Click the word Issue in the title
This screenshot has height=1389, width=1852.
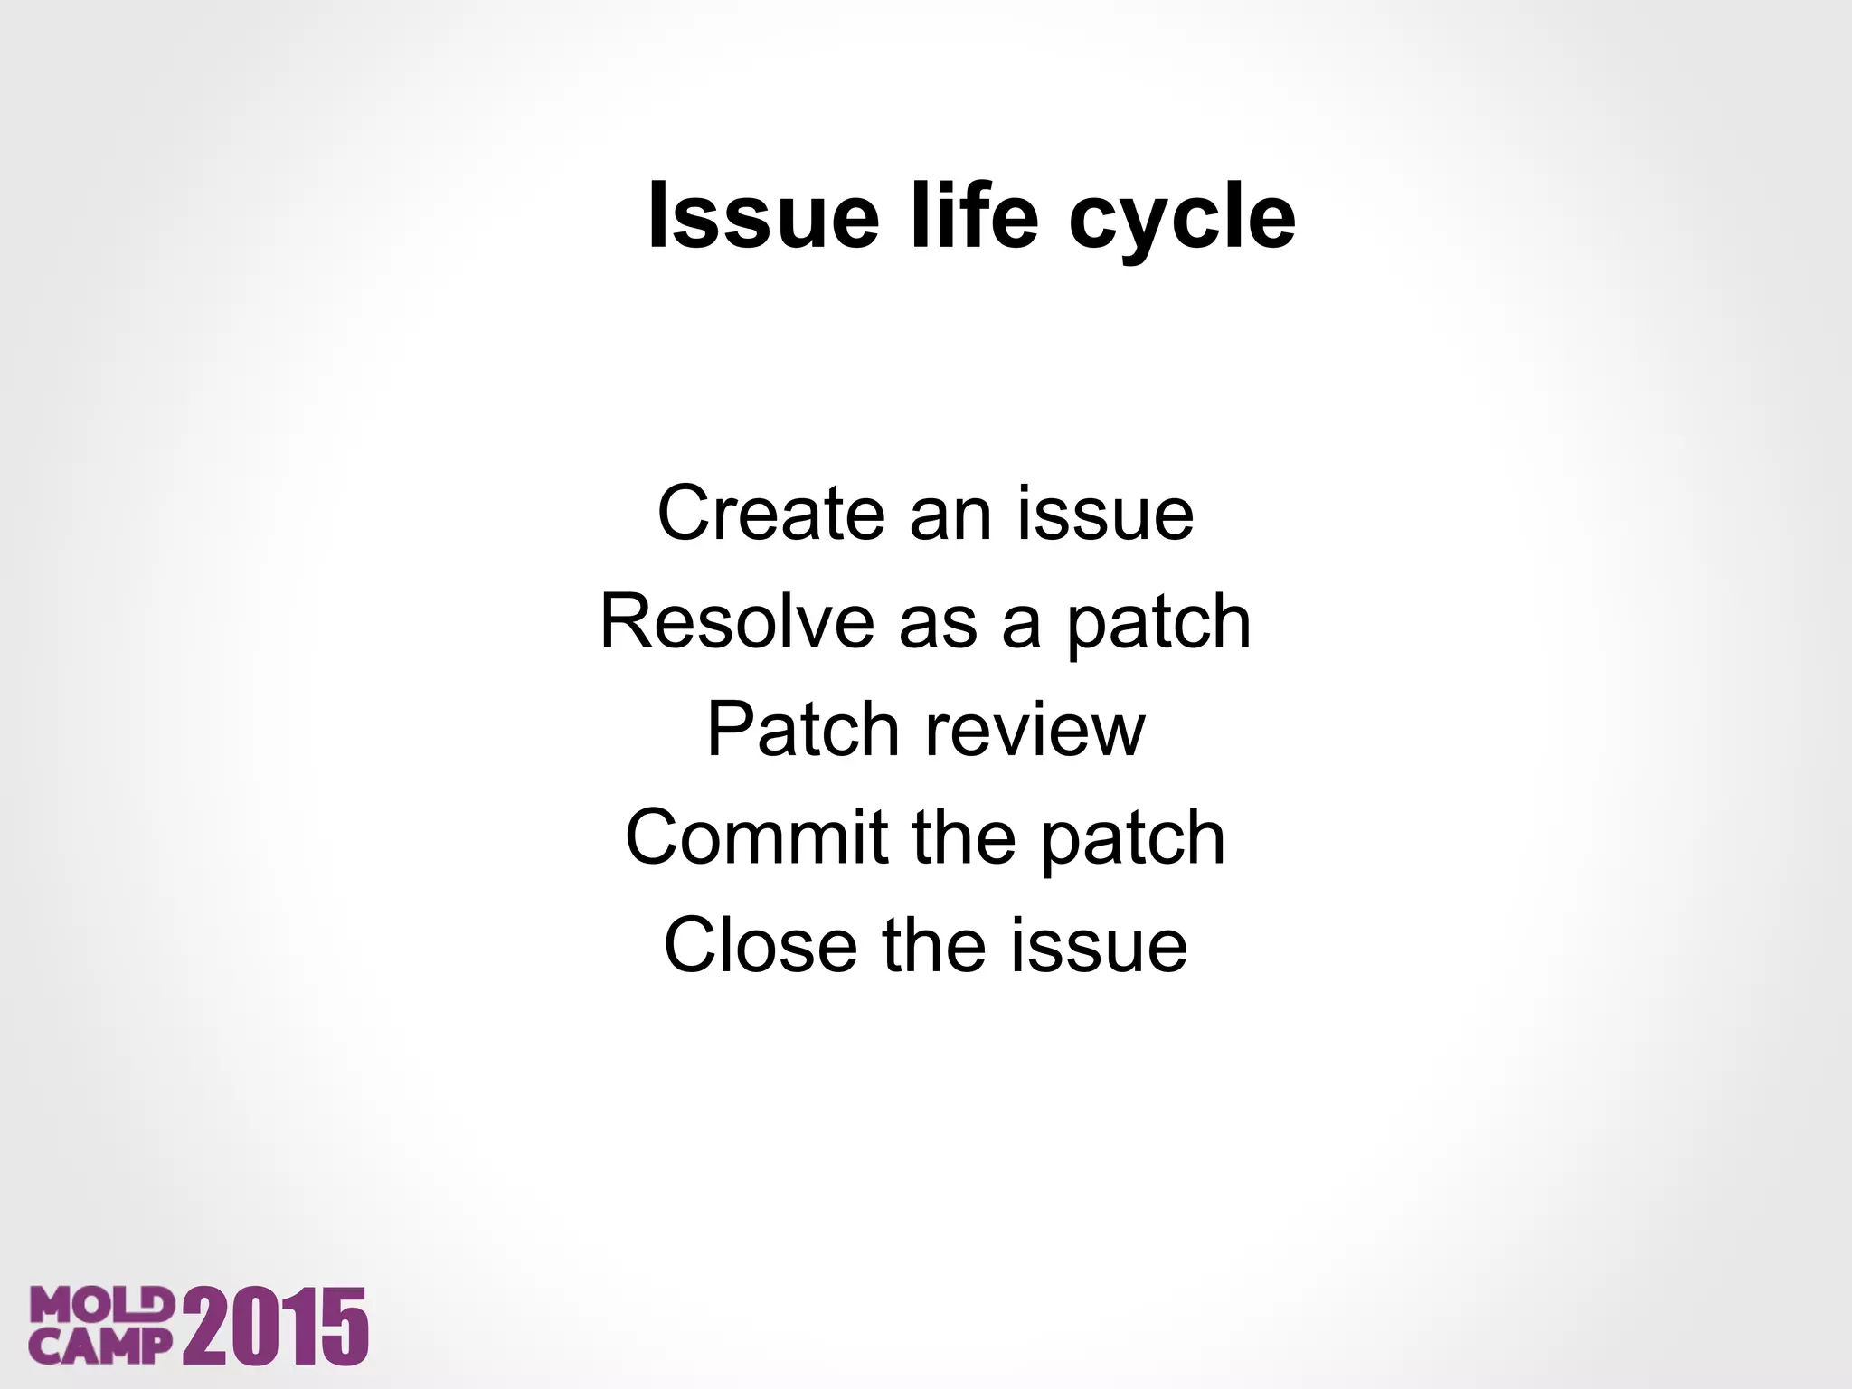(763, 217)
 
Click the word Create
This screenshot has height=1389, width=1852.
(770, 514)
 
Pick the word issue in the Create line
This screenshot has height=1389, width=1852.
(1105, 514)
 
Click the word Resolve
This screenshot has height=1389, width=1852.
(737, 622)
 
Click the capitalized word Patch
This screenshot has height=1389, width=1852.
(802, 730)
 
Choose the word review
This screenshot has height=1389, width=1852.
(1035, 730)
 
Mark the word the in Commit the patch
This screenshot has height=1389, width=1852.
(964, 837)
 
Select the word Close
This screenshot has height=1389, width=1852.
(761, 945)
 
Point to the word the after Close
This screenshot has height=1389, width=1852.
(933, 945)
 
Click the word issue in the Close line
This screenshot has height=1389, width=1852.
(1099, 945)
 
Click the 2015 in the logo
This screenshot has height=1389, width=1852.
(276, 1327)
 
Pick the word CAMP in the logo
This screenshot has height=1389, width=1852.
(99, 1346)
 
